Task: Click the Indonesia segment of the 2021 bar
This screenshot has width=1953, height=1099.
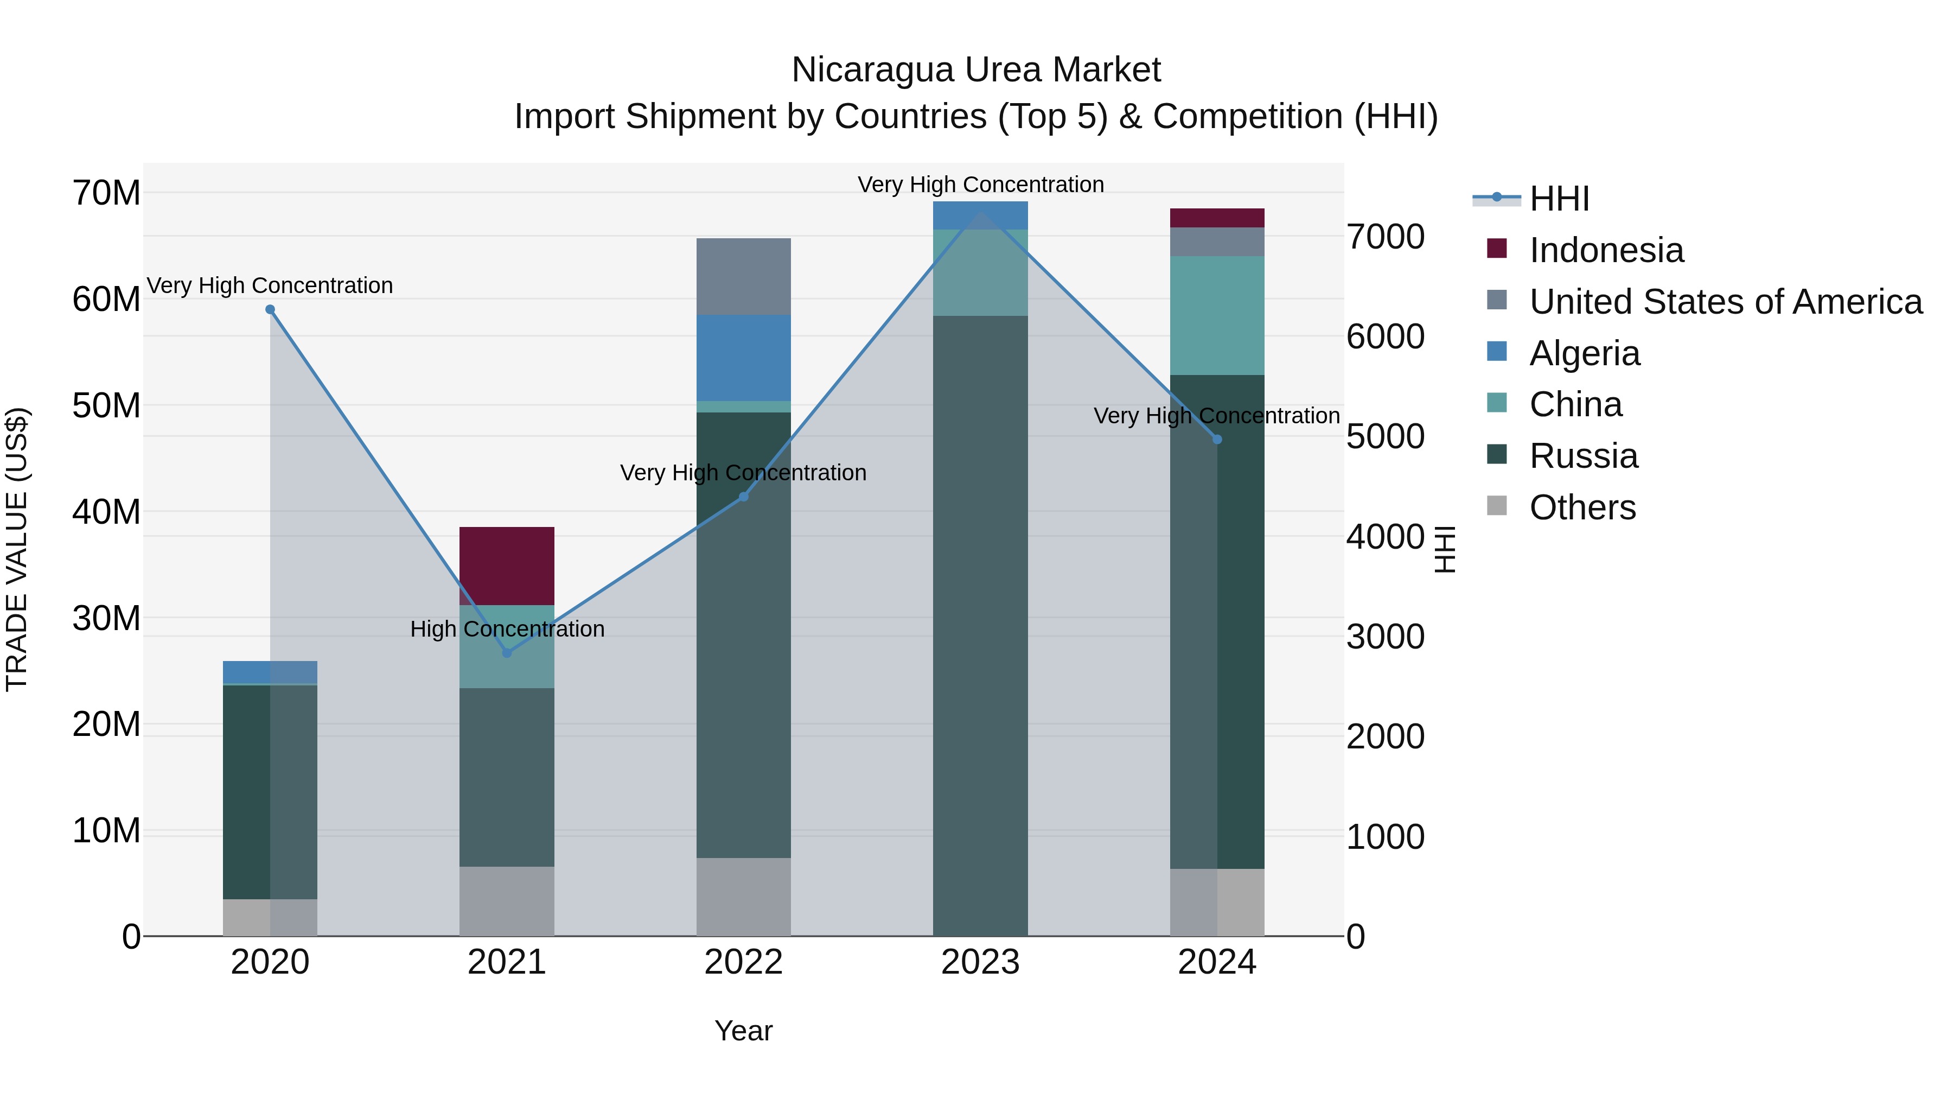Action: [507, 565]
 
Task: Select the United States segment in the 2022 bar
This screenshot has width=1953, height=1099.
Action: [743, 276]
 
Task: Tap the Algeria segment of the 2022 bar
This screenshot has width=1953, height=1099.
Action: [743, 357]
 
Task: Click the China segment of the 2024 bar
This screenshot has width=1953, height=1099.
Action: [1217, 315]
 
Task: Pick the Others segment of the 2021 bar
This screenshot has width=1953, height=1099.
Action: [507, 900]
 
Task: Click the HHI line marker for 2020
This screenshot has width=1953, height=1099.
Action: [270, 309]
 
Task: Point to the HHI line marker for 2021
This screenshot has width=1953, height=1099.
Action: [507, 653]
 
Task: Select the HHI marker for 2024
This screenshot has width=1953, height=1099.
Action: [1217, 439]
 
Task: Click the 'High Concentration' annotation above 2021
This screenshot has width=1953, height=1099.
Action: [507, 629]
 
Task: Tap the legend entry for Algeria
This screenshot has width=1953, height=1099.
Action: [1585, 353]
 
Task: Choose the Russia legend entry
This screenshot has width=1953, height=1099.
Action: [1583, 456]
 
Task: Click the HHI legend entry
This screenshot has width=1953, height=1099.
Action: [1559, 199]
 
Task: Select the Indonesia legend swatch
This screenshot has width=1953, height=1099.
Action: [1497, 249]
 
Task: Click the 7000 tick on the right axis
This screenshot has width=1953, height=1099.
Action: [1385, 237]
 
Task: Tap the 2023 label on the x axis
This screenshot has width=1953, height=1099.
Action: [980, 962]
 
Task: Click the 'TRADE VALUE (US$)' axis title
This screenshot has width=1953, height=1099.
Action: [17, 549]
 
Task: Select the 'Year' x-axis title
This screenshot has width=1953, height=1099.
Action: [743, 1031]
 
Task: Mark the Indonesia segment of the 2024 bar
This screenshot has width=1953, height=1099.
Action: [1217, 218]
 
